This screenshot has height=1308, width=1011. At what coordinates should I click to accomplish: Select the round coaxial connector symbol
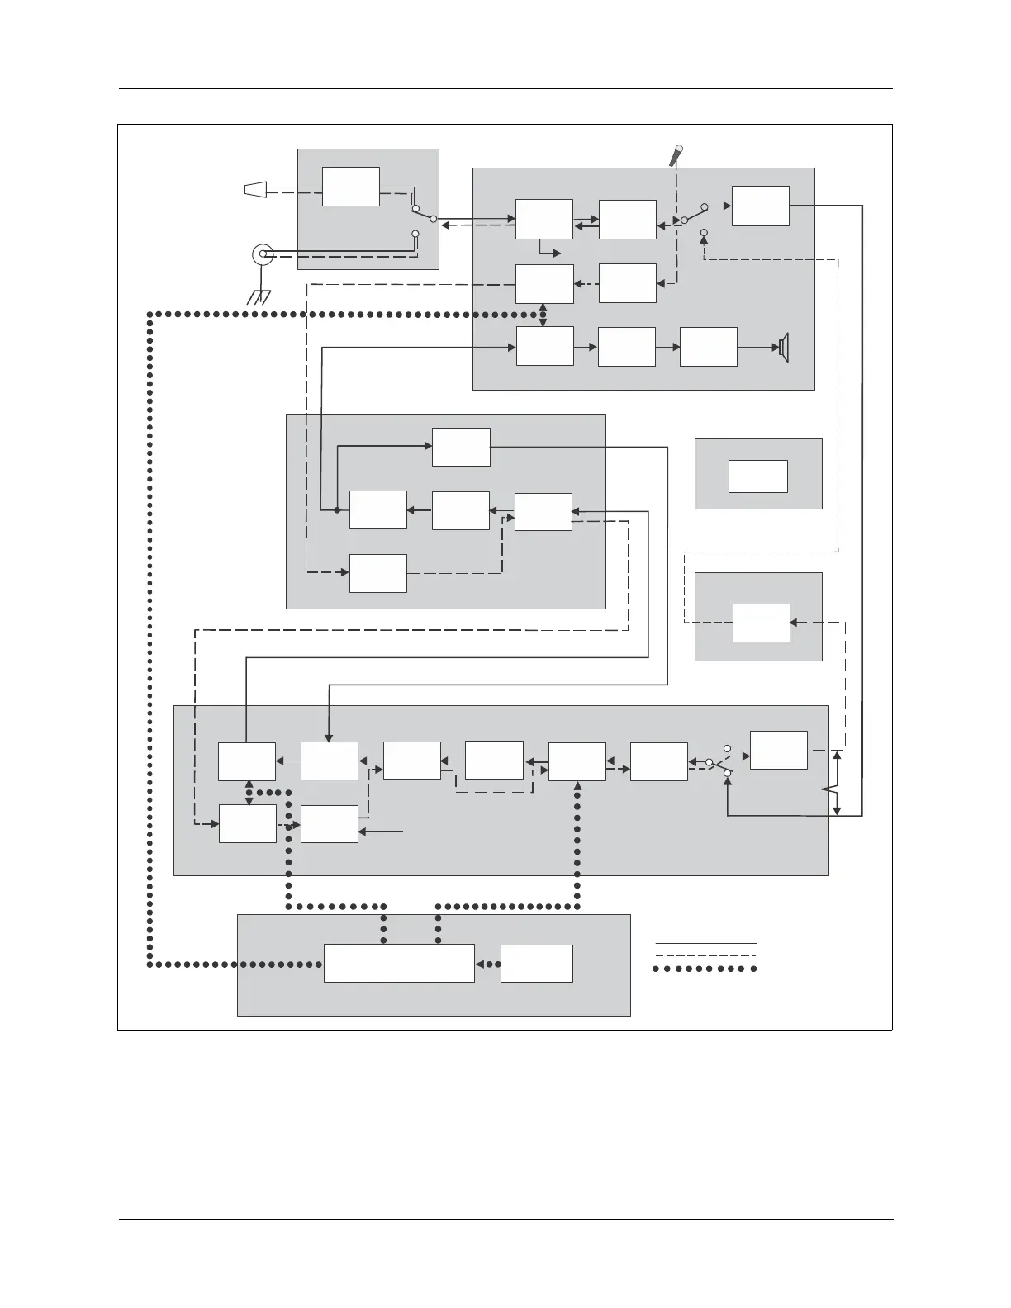pos(263,254)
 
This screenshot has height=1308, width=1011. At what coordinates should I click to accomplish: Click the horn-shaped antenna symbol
pos(255,190)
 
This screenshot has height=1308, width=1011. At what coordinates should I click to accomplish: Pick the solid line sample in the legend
pos(705,942)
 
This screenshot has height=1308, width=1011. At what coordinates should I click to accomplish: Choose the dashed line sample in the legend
pos(705,955)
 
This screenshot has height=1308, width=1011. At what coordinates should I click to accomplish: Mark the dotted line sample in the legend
pos(705,969)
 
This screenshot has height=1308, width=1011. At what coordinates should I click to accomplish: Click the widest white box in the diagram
pos(399,964)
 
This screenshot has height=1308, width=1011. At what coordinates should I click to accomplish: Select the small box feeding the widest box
pos(537,964)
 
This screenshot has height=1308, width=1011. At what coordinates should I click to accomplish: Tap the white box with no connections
pos(758,476)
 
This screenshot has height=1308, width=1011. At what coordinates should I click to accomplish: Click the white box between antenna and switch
pos(351,187)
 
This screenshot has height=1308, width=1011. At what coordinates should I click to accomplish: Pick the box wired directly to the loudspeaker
pos(709,347)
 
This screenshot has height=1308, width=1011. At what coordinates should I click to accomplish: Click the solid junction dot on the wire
pos(337,509)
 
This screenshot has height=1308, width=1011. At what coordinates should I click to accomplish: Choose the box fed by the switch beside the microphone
pos(761,206)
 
